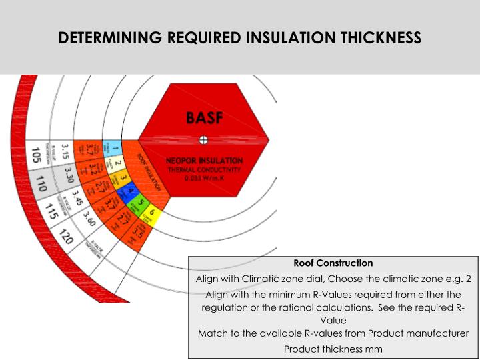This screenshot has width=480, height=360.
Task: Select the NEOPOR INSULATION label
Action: pyautogui.click(x=205, y=161)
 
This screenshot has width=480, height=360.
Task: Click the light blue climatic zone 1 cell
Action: pyautogui.click(x=115, y=148)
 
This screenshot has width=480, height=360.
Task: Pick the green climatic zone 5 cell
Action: pyautogui.click(x=141, y=203)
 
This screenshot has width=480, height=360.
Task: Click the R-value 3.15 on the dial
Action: pyautogui.click(x=65, y=152)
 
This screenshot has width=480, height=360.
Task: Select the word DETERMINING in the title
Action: pyautogui.click(x=109, y=38)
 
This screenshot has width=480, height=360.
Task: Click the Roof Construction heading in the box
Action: pyautogui.click(x=333, y=263)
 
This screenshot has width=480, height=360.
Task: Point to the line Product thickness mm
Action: pyautogui.click(x=333, y=349)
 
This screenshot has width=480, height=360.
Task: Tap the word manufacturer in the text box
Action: pyautogui.click(x=436, y=333)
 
